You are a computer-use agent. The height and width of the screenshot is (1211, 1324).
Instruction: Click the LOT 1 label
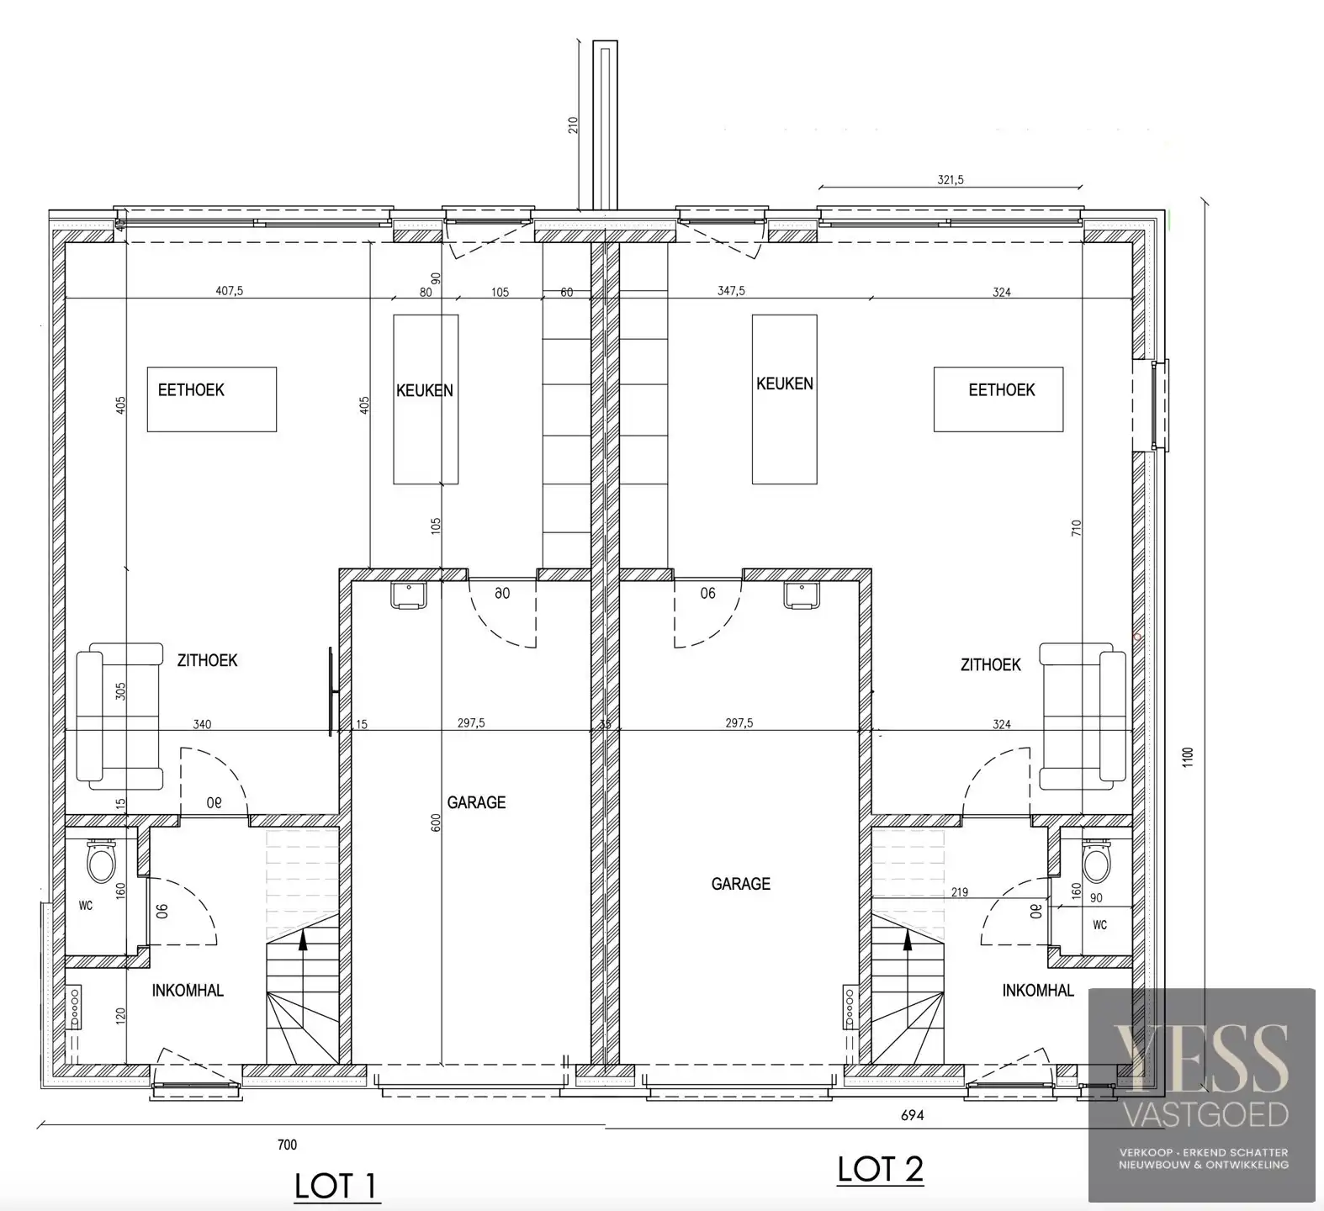coord(336,1186)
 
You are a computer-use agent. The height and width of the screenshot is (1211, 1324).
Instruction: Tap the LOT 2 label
coord(880,1169)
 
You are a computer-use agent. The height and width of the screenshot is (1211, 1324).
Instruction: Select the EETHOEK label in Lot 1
coord(191,390)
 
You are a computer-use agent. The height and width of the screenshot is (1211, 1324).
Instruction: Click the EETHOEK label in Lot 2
coord(1002,390)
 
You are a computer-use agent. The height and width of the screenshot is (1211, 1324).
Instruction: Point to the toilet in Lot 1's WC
coord(101,859)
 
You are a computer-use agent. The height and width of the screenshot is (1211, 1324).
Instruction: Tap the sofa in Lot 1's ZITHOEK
coord(119,717)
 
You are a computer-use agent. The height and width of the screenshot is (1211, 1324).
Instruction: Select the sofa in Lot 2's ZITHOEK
coord(1083,717)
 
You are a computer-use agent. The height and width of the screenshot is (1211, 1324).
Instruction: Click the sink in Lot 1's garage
coord(409,595)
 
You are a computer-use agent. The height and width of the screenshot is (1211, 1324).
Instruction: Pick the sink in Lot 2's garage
coord(802,595)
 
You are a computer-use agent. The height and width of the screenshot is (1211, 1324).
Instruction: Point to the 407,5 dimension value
coord(230,292)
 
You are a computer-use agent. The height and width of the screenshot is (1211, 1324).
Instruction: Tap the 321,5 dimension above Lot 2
coord(951,179)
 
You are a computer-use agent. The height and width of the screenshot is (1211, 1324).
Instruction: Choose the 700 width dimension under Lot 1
coord(287,1145)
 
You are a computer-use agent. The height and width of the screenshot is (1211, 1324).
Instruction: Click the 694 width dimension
coord(913,1116)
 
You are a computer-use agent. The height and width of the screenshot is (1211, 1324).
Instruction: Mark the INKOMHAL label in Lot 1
coord(188,991)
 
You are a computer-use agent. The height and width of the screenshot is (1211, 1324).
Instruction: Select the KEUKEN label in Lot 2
coord(785,383)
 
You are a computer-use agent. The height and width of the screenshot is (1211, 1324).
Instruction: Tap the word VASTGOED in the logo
coord(1204,1114)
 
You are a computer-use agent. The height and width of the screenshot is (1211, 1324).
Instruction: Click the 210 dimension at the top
coord(574,125)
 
